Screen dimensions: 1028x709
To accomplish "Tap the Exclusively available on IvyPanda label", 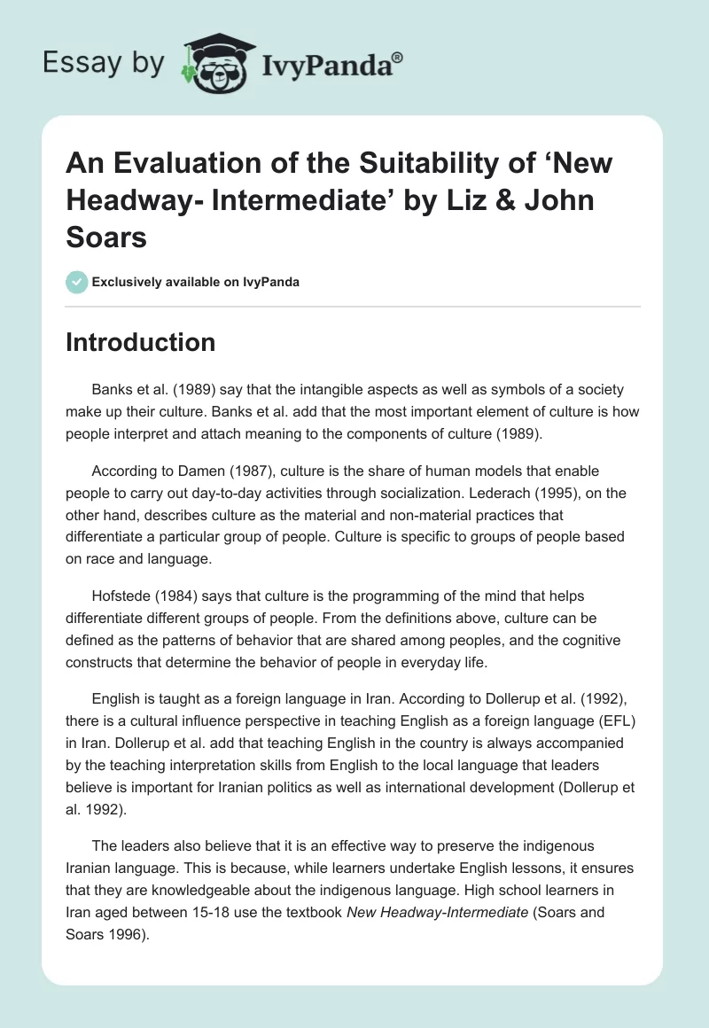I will [x=195, y=282].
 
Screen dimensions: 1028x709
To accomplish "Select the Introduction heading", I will [x=140, y=343].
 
